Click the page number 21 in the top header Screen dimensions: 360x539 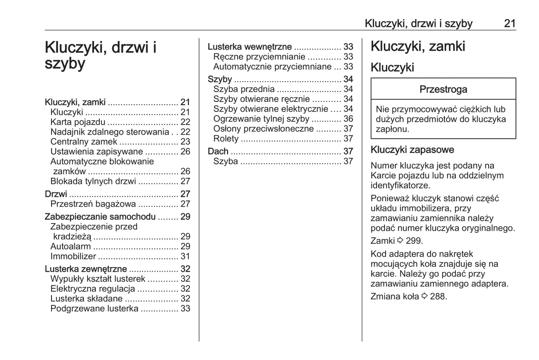pyautogui.click(x=510, y=24)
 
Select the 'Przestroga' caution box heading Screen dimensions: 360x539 pyautogui.click(x=443, y=90)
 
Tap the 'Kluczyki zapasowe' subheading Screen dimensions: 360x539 pyautogui.click(x=412, y=150)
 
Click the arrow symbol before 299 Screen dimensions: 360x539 pyautogui.click(x=401, y=241)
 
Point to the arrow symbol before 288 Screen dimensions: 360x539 pyautogui.click(x=424, y=297)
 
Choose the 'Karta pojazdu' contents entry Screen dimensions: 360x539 pyautogui.click(x=78, y=122)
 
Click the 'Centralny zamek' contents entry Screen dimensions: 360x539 pyautogui.click(x=84, y=142)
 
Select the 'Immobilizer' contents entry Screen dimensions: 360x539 pyautogui.click(x=73, y=257)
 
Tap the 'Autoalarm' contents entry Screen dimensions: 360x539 pyautogui.click(x=70, y=247)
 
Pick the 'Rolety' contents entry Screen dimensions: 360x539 pyautogui.click(x=226, y=139)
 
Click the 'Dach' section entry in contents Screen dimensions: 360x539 pyautogui.click(x=218, y=151)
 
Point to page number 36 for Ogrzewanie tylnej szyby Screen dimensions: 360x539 pyautogui.click(x=348, y=119)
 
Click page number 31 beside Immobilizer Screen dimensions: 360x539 pyautogui.click(x=185, y=257)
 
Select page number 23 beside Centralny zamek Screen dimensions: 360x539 pyautogui.click(x=185, y=142)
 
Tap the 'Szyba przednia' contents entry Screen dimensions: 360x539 pyautogui.click(x=244, y=90)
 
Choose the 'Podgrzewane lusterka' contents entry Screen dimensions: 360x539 pyautogui.click(x=94, y=309)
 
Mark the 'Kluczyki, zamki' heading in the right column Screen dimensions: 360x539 pyautogui.click(x=418, y=47)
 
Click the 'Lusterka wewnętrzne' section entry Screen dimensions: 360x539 pyautogui.click(x=250, y=47)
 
